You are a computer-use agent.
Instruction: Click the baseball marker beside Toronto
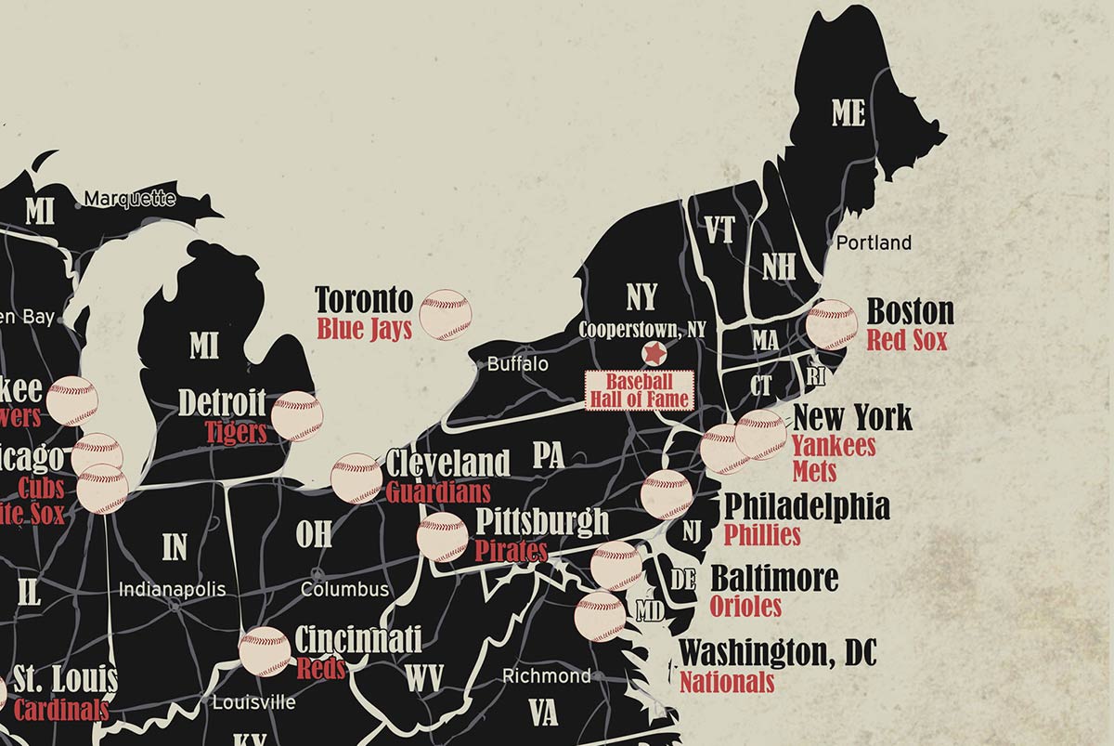pos(446,314)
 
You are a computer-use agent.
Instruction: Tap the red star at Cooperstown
pos(654,353)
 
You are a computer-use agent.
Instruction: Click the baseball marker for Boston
pos(832,324)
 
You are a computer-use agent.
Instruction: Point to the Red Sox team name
pos(907,340)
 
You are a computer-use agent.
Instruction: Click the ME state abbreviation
pos(848,113)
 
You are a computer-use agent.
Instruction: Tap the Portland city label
pos(874,242)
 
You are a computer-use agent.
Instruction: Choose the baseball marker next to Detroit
pos(297,415)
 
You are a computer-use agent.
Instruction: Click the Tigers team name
pos(236,432)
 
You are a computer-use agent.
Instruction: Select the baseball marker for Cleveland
pos(356,478)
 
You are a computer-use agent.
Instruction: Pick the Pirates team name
pos(511,550)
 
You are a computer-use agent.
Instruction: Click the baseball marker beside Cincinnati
pos(266,652)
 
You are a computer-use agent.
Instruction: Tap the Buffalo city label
pos(518,364)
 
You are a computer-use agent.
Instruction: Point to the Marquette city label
pos(130,198)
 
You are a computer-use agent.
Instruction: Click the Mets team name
pos(814,471)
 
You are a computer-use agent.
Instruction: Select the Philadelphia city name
pos(806,507)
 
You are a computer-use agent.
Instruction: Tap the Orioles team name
pos(745,607)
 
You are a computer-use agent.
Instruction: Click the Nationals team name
pos(727,682)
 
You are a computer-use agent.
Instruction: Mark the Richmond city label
pos(546,675)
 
